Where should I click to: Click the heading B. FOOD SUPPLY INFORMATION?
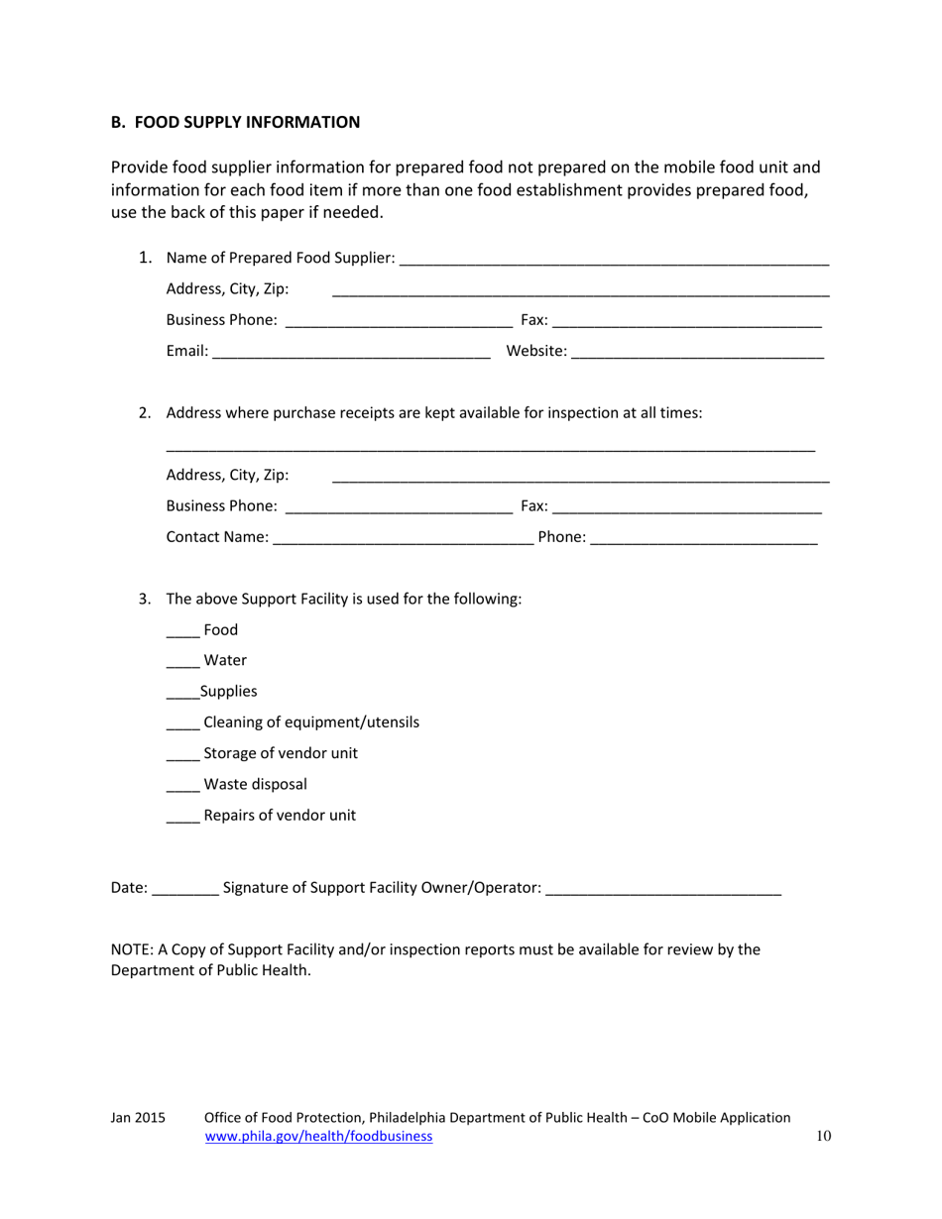tap(235, 122)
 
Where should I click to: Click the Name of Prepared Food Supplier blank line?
tap(614, 260)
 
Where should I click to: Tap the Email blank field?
tap(351, 352)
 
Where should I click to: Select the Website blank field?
tap(697, 352)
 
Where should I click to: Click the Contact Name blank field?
tap(402, 538)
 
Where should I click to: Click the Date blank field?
tap(186, 890)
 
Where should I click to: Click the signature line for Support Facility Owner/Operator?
tap(663, 890)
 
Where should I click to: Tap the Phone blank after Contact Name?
tap(703, 538)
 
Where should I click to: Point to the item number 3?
tap(144, 599)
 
